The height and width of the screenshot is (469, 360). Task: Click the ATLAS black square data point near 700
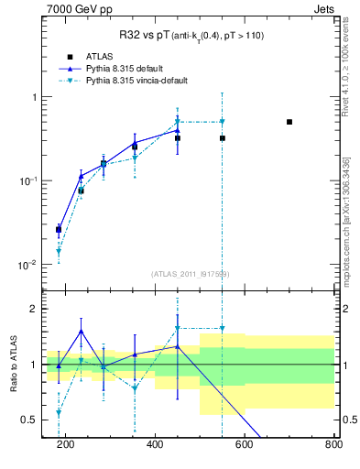[x=289, y=122]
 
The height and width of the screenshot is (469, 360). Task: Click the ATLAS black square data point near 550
[x=223, y=138]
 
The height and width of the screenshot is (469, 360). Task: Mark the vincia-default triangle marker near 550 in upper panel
[x=223, y=122]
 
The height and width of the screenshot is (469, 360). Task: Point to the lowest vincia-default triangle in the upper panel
[x=59, y=251]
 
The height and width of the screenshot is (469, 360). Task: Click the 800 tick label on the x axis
[x=333, y=446]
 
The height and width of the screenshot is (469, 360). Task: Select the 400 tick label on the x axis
[x=154, y=446]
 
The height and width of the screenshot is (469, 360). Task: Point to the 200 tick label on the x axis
[x=65, y=446]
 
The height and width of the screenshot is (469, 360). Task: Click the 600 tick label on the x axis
[x=244, y=446]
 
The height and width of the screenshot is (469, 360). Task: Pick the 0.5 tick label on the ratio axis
[x=30, y=420]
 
